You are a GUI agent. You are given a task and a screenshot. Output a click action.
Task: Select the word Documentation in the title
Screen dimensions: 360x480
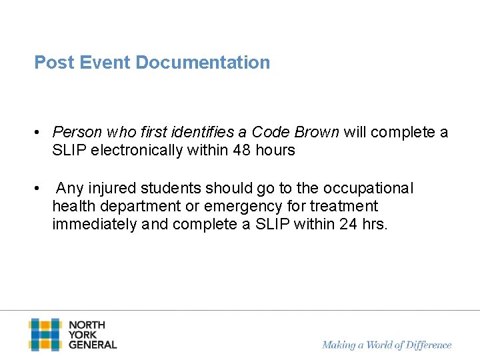tap(203, 63)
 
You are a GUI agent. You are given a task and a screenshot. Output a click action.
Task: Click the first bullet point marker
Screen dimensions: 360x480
tap(39, 133)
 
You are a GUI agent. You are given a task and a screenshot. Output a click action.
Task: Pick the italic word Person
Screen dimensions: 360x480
tap(75, 132)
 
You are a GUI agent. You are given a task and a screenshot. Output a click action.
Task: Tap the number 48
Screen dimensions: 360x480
tap(242, 150)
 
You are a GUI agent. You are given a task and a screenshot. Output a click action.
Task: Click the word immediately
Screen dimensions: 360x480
tap(95, 225)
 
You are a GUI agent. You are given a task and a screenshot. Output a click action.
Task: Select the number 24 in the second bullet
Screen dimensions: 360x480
tap(348, 225)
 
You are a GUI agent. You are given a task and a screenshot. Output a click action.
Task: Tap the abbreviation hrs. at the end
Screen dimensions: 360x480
tap(374, 225)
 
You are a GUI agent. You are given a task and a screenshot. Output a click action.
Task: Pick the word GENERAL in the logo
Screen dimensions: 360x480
tap(93, 345)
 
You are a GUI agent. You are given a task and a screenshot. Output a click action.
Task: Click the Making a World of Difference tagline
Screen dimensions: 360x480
tap(387, 345)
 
